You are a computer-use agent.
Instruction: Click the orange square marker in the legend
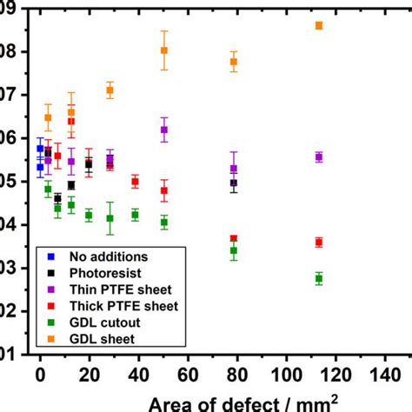53,338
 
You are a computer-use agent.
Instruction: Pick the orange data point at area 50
164,50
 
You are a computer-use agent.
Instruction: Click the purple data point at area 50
164,130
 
